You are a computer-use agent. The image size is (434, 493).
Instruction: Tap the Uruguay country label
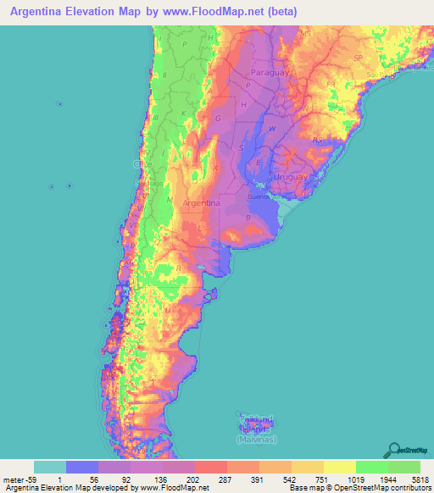pyautogui.click(x=287, y=175)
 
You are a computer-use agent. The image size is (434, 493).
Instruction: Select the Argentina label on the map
pyautogui.click(x=201, y=204)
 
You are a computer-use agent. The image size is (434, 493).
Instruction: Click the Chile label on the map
pyautogui.click(x=141, y=163)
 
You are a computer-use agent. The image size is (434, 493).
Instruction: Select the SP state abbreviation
pyautogui.click(x=357, y=58)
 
